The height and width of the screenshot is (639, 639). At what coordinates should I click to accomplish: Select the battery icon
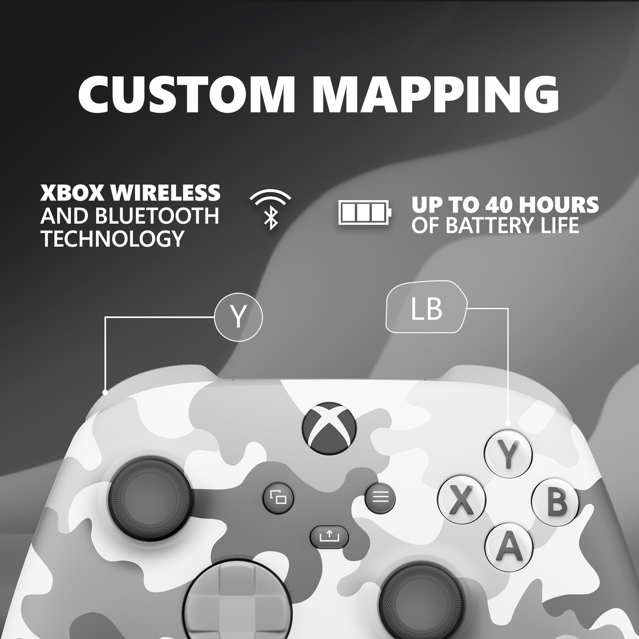click(365, 213)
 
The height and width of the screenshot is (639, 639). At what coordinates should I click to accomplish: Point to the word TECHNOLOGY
click(112, 238)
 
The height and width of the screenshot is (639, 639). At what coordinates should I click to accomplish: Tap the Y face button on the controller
click(508, 454)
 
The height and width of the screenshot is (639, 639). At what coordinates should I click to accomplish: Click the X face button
click(461, 500)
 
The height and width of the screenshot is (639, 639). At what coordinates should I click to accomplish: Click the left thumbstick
click(150, 499)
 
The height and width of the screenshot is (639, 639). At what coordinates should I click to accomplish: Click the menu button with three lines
click(380, 498)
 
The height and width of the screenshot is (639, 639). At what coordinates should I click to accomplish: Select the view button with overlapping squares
click(278, 498)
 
